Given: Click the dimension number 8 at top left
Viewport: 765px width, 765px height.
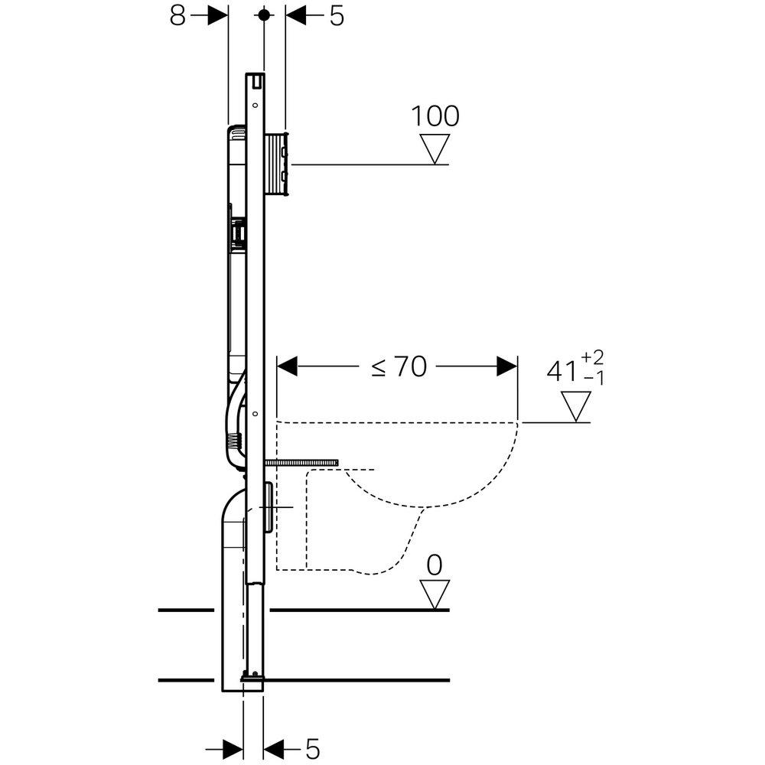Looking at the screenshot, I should click(x=177, y=16).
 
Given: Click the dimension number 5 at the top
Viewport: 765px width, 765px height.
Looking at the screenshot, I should click(x=337, y=16).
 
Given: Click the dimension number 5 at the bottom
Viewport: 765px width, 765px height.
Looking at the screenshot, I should click(x=311, y=746).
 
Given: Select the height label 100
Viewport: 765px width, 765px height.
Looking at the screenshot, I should click(x=435, y=117).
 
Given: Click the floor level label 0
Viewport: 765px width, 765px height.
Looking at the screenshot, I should click(x=435, y=566).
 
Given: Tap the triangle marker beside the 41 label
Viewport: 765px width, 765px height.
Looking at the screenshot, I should click(x=576, y=406).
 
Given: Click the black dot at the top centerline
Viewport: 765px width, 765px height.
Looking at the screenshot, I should click(x=264, y=15).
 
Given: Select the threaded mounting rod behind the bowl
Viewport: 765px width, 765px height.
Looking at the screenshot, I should click(x=302, y=463).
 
